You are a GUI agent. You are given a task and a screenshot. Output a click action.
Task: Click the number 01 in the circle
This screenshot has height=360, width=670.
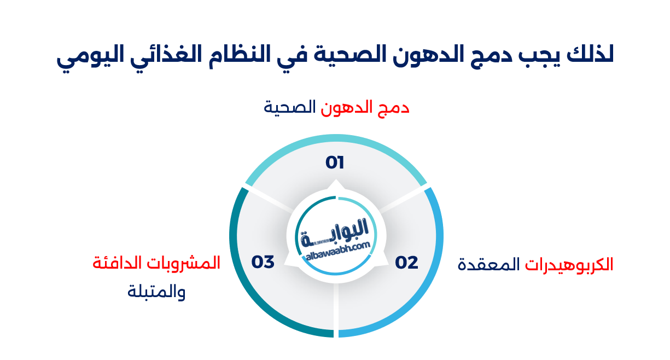(x=334, y=162)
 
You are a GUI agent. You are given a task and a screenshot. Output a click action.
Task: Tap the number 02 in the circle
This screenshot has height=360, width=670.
(x=406, y=263)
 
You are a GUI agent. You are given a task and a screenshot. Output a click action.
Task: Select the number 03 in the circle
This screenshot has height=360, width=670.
(x=263, y=262)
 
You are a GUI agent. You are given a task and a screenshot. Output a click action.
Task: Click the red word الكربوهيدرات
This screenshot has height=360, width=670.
(x=569, y=265)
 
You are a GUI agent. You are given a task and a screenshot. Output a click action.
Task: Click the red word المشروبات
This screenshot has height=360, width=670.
(x=188, y=263)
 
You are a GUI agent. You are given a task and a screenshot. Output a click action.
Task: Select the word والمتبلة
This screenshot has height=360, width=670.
(x=156, y=292)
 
